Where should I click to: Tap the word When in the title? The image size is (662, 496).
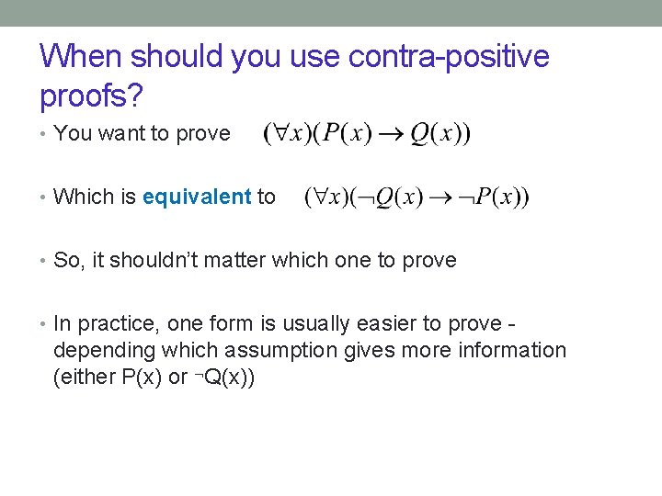pyautogui.click(x=81, y=57)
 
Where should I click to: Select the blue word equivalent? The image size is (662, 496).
pyautogui.click(x=197, y=197)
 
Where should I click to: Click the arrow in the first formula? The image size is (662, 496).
pyautogui.click(x=391, y=135)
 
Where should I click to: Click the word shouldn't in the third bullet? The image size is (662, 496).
pyautogui.click(x=150, y=260)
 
